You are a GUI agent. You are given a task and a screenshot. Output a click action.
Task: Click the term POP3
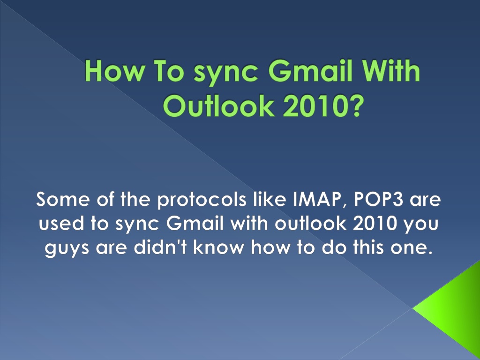coord(378,199)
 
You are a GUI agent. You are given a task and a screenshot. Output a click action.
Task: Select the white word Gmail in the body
coord(195,223)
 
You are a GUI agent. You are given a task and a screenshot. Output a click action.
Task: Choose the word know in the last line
coord(218,247)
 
